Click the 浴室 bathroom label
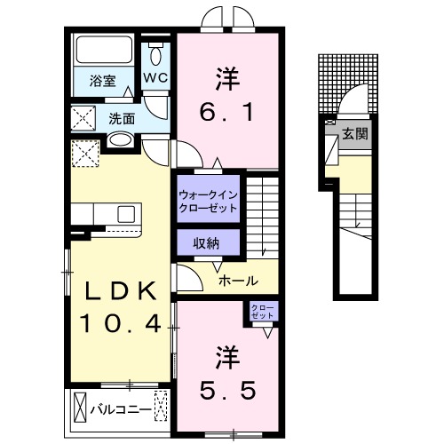[102, 81]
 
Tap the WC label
[156, 77]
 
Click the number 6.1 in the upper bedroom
[228, 114]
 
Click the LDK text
[121, 290]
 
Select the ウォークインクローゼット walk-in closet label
[208, 200]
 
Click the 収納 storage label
[208, 242]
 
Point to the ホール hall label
[238, 281]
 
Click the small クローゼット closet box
[263, 312]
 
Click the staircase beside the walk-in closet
[262, 213]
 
